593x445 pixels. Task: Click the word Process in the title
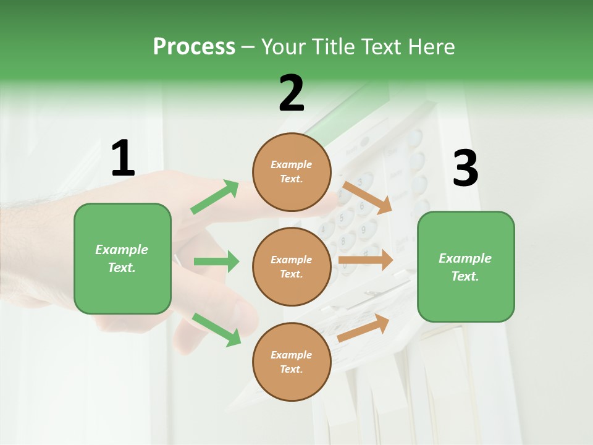click(194, 47)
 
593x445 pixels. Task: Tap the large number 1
click(123, 158)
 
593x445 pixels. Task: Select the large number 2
click(292, 93)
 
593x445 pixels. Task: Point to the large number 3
click(465, 168)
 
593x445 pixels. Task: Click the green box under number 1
click(122, 258)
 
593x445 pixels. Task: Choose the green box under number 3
click(466, 267)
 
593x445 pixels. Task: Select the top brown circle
click(292, 172)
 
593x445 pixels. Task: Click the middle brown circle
click(292, 266)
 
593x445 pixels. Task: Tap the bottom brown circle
click(292, 362)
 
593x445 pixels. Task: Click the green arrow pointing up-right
click(215, 197)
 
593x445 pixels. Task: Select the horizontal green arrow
click(216, 261)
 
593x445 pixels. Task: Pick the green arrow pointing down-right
click(216, 329)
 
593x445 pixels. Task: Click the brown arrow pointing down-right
click(367, 197)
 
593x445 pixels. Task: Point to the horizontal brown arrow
click(366, 260)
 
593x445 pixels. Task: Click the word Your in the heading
click(283, 47)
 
